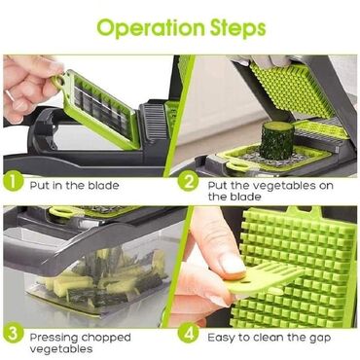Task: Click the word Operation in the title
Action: tap(151, 28)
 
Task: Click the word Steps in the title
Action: tap(238, 28)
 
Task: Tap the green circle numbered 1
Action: tap(13, 182)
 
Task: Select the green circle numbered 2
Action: tap(188, 182)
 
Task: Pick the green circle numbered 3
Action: tap(13, 334)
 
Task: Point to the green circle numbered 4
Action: tap(188, 334)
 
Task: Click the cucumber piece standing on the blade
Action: tap(277, 140)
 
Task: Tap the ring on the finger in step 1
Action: tap(10, 96)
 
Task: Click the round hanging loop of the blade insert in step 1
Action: tap(58, 82)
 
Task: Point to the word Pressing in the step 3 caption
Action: tap(54, 338)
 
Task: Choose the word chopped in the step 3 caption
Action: tap(106, 339)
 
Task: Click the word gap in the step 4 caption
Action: tap(320, 339)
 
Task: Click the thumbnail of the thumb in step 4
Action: tap(233, 264)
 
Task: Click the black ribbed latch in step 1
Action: tap(155, 122)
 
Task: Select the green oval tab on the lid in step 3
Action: tap(62, 211)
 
